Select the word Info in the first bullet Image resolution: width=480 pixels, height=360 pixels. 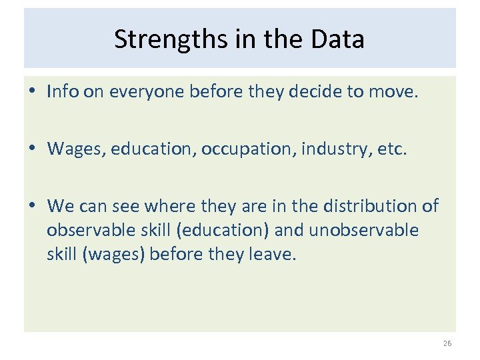pos(61,91)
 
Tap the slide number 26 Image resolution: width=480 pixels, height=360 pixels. pos(446,344)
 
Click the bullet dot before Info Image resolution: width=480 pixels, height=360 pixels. pos(33,92)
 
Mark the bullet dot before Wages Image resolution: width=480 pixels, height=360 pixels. pos(33,149)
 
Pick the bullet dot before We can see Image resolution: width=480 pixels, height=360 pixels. pos(33,207)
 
